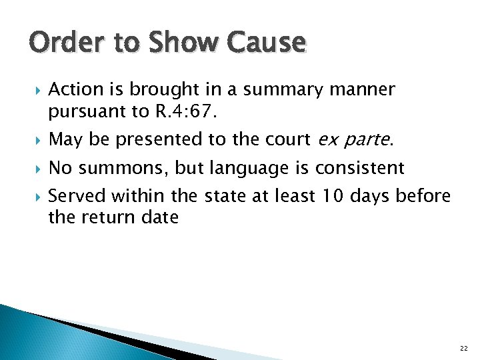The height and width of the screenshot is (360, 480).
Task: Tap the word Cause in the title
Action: (x=265, y=43)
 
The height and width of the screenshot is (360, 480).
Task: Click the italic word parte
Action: (x=367, y=140)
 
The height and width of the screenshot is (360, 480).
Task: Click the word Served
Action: (x=77, y=196)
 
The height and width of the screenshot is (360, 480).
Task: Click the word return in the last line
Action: (x=109, y=218)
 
